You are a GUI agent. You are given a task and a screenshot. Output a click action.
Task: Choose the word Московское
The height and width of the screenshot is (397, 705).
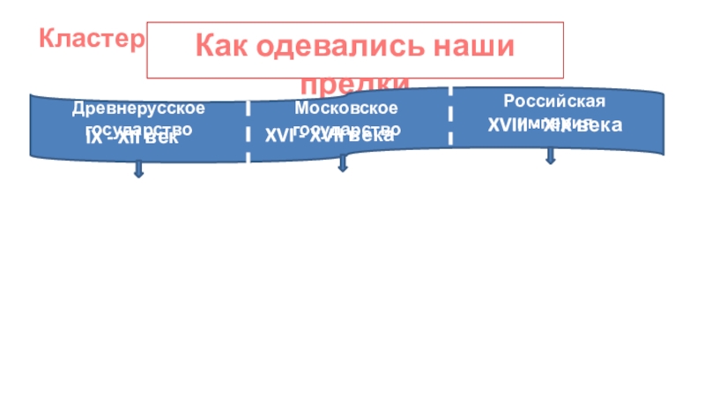pos(345,108)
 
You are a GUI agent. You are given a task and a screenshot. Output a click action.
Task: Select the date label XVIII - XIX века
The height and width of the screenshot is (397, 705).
pos(555,126)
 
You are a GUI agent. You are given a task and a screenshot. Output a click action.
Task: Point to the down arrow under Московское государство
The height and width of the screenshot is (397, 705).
pos(342,164)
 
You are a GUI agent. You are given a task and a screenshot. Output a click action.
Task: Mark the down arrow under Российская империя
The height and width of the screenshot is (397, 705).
pos(551,155)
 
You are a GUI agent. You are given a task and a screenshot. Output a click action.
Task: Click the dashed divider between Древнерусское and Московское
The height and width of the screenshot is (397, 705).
pos(248,131)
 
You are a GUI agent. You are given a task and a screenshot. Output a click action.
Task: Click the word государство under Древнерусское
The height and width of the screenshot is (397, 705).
pos(138,128)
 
